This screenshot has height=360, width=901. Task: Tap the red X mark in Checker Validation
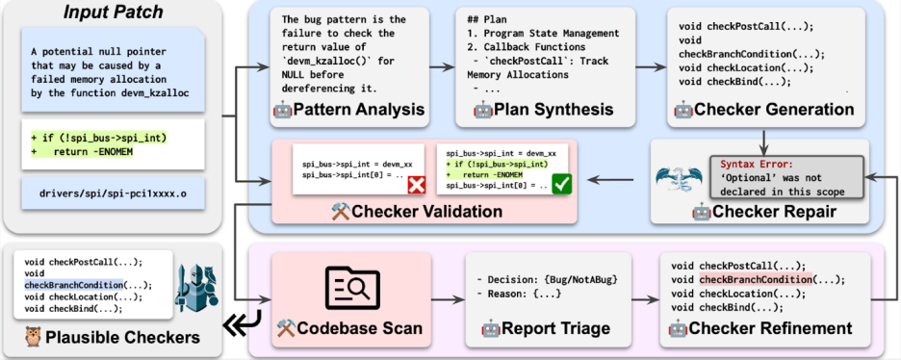click(415, 185)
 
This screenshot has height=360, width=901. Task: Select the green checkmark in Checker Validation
click(560, 185)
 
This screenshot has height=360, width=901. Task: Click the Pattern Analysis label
click(349, 109)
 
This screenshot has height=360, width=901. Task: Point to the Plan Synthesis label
click(544, 109)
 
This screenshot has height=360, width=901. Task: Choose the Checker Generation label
click(764, 109)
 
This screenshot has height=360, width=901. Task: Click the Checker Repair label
click(764, 212)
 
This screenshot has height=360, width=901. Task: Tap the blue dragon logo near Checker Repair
click(680, 179)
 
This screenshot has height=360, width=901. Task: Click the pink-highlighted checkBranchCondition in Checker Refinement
click(755, 279)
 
